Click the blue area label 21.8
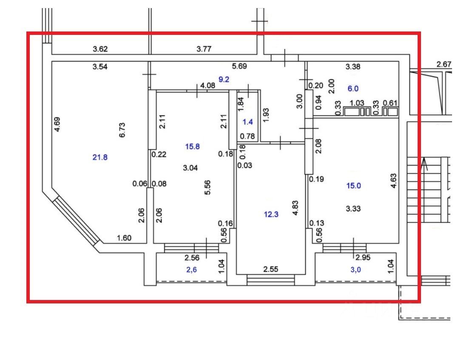coord(100,157)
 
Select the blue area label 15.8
coord(192,147)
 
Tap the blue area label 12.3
coord(271,214)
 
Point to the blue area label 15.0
coord(353,186)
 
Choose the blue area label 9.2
coord(224,80)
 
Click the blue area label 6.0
coord(353,89)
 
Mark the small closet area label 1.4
coord(248,122)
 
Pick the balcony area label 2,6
coord(191,270)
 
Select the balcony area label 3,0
coord(356,270)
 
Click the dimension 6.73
coord(122,130)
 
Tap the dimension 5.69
coord(239,66)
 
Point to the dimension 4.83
coord(296,208)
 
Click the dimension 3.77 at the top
coord(204,49)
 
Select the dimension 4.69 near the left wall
coord(57,124)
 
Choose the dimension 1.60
coord(124,238)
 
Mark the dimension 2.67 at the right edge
coord(444,64)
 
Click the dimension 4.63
coord(393,180)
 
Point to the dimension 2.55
coord(271,269)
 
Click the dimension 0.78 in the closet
coord(247,136)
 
